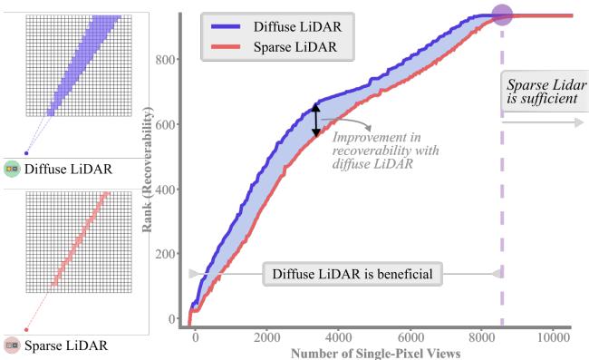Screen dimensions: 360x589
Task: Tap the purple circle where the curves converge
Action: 502,15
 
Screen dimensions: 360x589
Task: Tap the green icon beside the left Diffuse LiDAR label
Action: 12,169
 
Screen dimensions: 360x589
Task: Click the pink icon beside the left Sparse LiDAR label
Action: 12,345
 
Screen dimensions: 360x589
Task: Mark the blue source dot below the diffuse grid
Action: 25,153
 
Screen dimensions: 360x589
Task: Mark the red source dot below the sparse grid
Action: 25,330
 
